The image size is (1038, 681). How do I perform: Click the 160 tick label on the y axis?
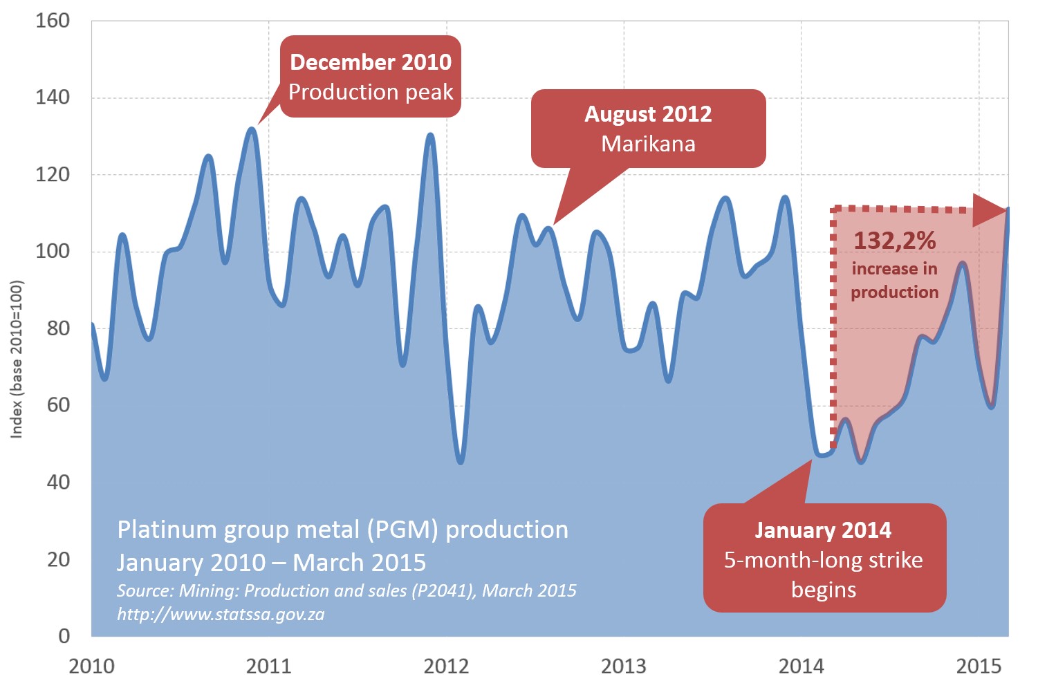click(53, 21)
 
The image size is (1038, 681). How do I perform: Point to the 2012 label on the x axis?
click(446, 666)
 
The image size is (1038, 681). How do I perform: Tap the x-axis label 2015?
click(979, 666)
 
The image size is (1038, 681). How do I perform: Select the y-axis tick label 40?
click(58, 482)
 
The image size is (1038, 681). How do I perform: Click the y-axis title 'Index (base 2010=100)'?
click(17, 360)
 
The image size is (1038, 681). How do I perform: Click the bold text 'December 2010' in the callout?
click(371, 62)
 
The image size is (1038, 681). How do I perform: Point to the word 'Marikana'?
click(648, 144)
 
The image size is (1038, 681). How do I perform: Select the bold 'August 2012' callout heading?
click(648, 114)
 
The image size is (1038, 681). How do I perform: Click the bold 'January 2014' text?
click(823, 530)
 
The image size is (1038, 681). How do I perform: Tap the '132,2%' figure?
click(894, 241)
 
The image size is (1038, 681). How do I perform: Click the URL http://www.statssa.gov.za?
click(221, 614)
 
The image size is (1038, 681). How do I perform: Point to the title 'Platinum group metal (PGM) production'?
click(342, 530)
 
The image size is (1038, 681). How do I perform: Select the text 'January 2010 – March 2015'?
click(271, 563)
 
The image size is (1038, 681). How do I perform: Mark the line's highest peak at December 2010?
click(252, 129)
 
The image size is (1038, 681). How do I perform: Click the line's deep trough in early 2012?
click(461, 462)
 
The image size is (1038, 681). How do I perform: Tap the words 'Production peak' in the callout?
click(371, 92)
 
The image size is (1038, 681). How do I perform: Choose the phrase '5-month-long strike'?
click(823, 560)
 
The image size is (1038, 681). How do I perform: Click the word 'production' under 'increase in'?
click(894, 292)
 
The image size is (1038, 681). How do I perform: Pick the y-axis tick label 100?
click(53, 251)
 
